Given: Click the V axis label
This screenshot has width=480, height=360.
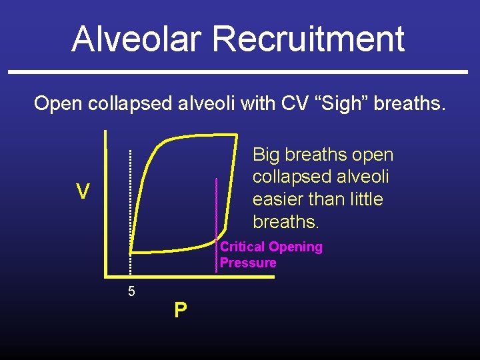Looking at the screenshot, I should click(x=83, y=192).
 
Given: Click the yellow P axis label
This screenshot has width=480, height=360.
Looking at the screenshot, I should click(x=180, y=311).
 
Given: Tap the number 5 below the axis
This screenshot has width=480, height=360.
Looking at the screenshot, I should click(x=131, y=291).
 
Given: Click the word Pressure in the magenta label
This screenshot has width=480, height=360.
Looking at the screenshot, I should click(x=248, y=263).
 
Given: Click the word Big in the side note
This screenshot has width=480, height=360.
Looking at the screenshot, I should click(x=266, y=155).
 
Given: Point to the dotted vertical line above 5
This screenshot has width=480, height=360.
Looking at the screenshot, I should click(x=130, y=200).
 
